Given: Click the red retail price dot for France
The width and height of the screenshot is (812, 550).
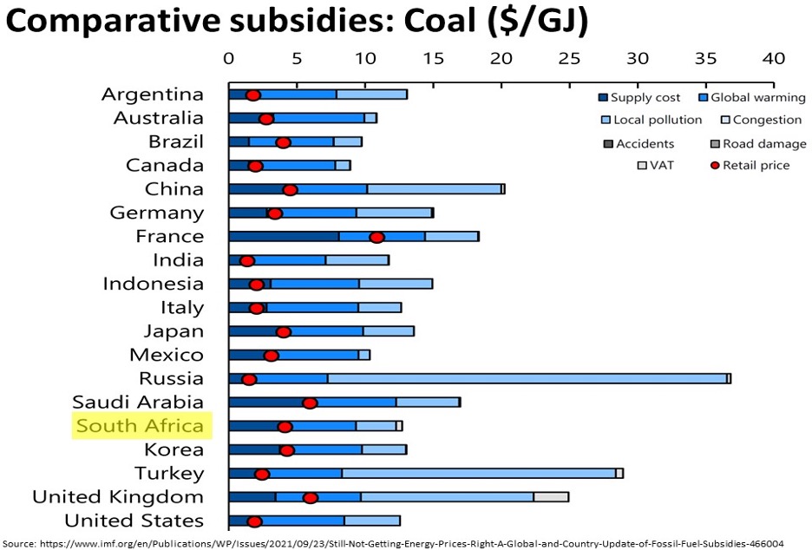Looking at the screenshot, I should click(x=377, y=237).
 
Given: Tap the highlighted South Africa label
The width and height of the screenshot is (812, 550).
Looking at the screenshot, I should click(x=140, y=426).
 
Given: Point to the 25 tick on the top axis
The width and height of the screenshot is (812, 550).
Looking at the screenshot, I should click(x=569, y=58).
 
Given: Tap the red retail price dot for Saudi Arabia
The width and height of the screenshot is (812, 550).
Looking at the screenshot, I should click(x=310, y=403).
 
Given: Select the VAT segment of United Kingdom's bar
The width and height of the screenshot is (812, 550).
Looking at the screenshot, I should click(x=551, y=497).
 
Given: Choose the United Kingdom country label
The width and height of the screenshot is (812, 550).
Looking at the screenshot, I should click(x=118, y=497).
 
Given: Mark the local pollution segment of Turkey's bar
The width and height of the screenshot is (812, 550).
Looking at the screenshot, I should click(x=478, y=473).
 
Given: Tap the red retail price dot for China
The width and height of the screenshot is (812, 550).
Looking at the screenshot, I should click(x=291, y=190).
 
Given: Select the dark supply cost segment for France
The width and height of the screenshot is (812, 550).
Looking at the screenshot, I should click(x=284, y=237).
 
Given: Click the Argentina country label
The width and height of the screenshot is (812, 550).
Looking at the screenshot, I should click(x=152, y=95).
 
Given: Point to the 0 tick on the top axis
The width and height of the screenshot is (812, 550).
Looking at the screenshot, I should click(x=229, y=58).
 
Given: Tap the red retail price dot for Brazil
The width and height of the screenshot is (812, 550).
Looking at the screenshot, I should click(x=283, y=142).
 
